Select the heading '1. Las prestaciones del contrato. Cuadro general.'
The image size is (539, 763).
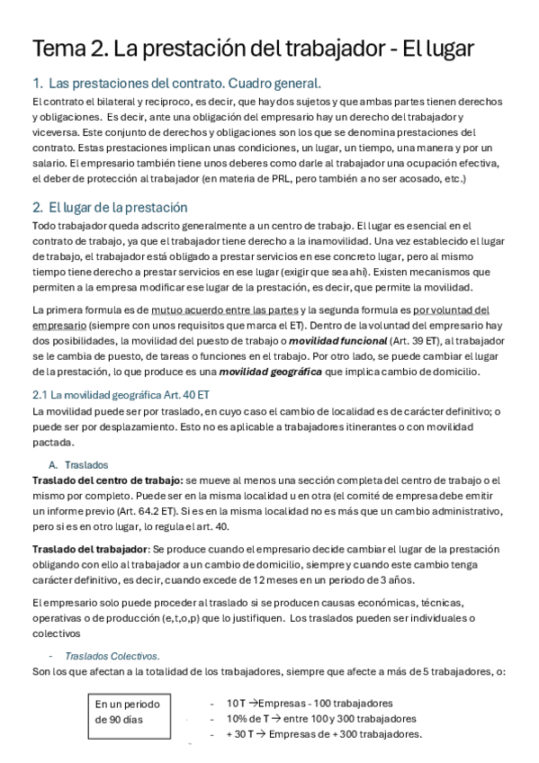pos(176,84)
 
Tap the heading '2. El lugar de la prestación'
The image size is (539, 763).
pos(116,207)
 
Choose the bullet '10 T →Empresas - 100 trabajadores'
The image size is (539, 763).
pos(310,703)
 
